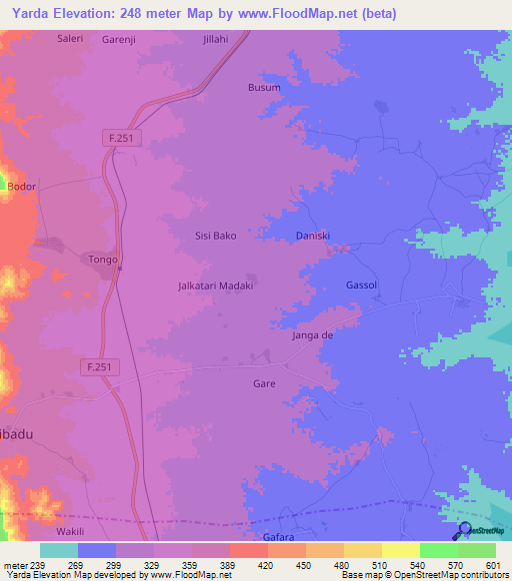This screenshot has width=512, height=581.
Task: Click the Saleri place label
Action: coord(70,39)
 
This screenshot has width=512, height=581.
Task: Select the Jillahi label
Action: coord(216,40)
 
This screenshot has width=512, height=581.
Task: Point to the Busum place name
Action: coord(264,88)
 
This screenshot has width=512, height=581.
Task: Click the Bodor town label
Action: coord(21,187)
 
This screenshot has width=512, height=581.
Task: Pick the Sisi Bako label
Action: coord(215,236)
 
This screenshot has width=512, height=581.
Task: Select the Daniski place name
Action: coord(313,236)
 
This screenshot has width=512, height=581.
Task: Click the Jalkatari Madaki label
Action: coord(215,285)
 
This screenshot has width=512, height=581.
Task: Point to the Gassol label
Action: coord(361,285)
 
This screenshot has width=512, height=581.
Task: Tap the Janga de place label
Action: coord(312,335)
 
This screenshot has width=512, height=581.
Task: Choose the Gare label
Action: coord(264,383)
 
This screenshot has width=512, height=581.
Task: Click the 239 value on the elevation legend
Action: coord(39,564)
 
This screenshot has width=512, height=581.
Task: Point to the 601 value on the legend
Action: coord(491,564)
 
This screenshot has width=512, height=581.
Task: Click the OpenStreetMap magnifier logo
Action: coord(464,531)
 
